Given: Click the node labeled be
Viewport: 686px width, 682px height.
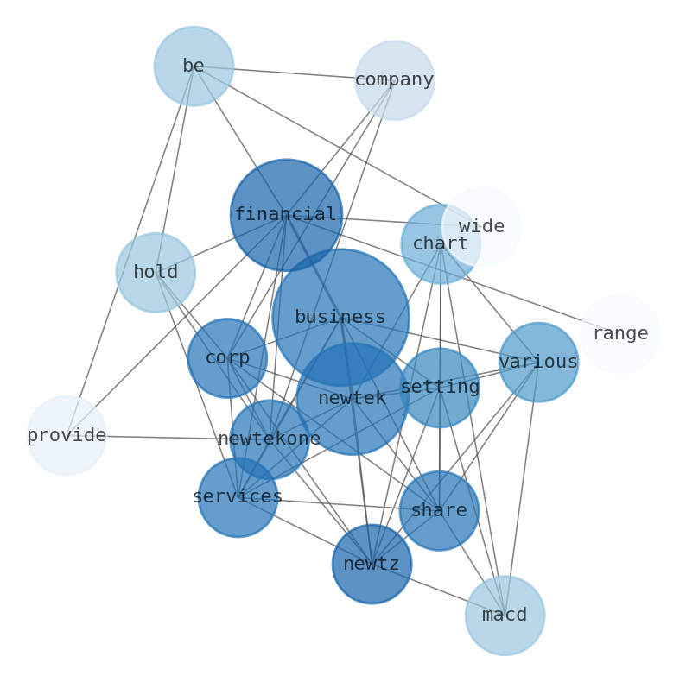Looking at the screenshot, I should click(x=194, y=66).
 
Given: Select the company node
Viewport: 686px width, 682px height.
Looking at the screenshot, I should click(x=394, y=80).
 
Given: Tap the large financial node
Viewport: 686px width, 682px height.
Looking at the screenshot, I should click(x=286, y=215).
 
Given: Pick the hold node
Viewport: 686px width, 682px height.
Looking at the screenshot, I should click(x=156, y=273).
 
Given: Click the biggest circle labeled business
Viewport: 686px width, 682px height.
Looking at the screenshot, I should click(x=340, y=318).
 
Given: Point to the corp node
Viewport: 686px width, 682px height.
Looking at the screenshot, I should click(x=227, y=358).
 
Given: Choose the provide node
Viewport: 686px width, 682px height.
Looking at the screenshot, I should click(x=67, y=436).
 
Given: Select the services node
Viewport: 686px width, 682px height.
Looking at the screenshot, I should click(x=238, y=497).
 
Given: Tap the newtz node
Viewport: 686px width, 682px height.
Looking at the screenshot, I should click(x=372, y=565).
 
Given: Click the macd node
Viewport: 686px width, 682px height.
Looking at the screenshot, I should click(x=505, y=616).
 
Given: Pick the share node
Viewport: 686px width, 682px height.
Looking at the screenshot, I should click(x=439, y=511).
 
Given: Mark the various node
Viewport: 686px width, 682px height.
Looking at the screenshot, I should click(x=538, y=363).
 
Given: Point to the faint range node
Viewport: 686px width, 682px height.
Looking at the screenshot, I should click(x=620, y=334).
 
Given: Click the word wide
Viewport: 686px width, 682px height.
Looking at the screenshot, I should click(x=481, y=227).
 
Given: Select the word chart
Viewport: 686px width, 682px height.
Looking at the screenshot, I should click(x=440, y=244).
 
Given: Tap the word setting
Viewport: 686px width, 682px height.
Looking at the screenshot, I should click(x=440, y=388).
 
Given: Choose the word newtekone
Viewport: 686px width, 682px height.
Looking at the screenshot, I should click(x=270, y=439).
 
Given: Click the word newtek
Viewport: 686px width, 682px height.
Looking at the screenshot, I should click(x=352, y=399).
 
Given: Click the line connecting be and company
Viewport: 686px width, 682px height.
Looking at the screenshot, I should click(x=294, y=73).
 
